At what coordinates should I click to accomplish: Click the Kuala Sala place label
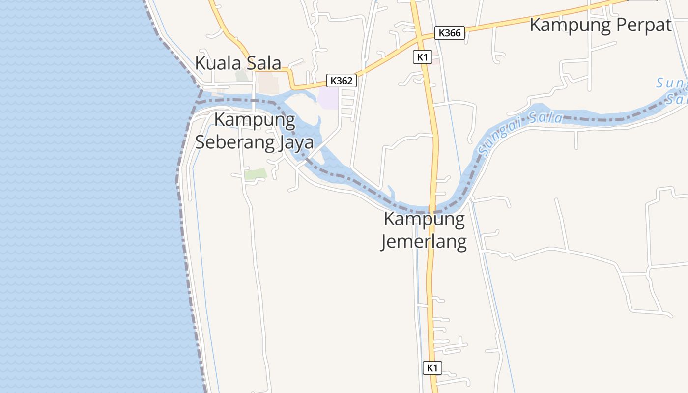pos(238,63)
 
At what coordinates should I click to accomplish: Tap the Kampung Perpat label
pos(600,25)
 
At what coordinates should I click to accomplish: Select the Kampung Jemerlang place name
pos(424,230)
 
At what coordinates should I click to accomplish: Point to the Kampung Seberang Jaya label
pos(255,131)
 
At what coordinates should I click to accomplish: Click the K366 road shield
pos(450,33)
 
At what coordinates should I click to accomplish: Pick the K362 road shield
pos(342,81)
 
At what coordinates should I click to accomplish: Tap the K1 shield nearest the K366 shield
pos(422,57)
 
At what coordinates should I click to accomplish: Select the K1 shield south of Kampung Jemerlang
pos(432,367)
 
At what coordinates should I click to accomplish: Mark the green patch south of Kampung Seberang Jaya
pos(256,174)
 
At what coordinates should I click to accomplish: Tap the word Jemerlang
pos(424,242)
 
